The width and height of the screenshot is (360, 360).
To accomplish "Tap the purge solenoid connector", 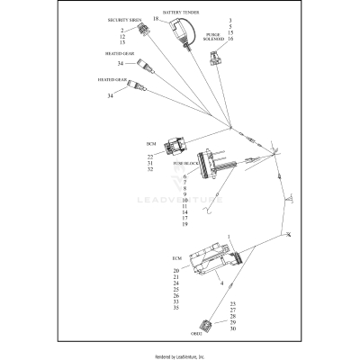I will click(214, 59).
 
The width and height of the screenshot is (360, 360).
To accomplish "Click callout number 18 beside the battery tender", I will click(157, 19).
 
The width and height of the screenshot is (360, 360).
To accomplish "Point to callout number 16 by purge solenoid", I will click(231, 40).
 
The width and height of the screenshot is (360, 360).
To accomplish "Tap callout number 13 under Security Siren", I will click(121, 42).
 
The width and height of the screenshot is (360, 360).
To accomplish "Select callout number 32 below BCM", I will click(150, 169).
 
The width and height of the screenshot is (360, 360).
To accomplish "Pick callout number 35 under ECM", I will click(176, 308).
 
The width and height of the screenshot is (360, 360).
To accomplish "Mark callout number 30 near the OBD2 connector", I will click(232, 328).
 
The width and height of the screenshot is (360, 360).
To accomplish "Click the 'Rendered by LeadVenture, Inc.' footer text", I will click(180, 354).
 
